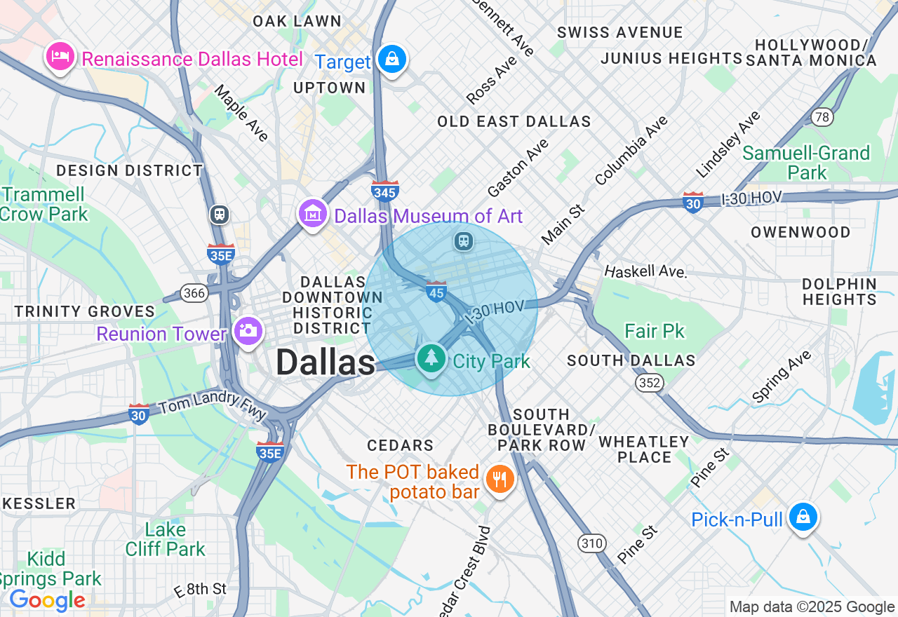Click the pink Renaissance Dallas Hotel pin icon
(x=60, y=56)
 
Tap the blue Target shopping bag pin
(x=391, y=59)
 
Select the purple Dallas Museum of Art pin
(x=313, y=213)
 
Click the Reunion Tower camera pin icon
(x=248, y=330)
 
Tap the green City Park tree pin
(x=431, y=358)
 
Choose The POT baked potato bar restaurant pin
(x=500, y=480)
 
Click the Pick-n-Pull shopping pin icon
(x=803, y=517)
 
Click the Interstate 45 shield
(x=436, y=291)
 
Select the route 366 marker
(x=194, y=293)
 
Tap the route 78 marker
(x=822, y=116)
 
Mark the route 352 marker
(x=650, y=382)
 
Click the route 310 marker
(x=592, y=543)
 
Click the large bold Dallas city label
(x=326, y=363)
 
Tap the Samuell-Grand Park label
(x=806, y=162)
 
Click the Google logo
(x=47, y=600)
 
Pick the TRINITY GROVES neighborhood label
(x=85, y=311)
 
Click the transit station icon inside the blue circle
(x=463, y=242)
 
